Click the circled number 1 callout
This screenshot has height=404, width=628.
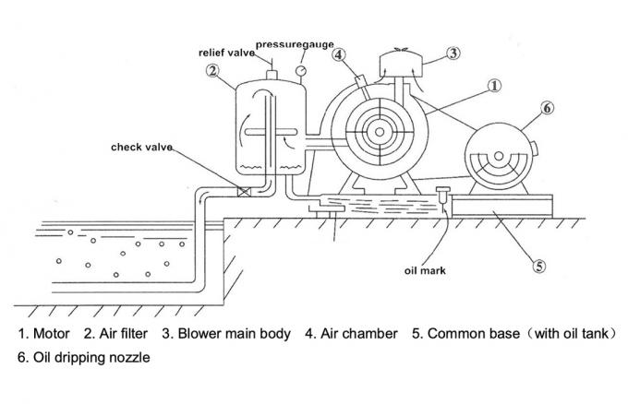point(494,86)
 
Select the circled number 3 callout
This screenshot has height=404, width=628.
point(453,53)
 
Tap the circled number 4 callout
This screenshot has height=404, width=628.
point(340,55)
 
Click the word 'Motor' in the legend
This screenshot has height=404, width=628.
point(50,333)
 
